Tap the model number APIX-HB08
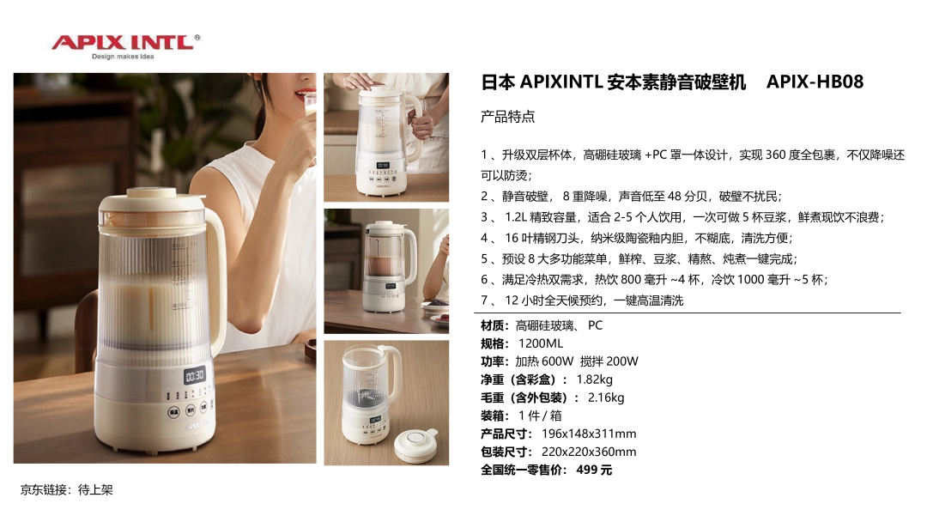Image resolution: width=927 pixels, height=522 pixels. [x=815, y=82]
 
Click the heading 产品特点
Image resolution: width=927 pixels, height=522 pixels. [x=507, y=117]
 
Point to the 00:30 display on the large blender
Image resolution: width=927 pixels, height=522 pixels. [x=195, y=375]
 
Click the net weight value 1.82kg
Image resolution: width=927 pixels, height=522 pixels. [x=594, y=379]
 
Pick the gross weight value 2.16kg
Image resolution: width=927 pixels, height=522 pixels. [x=606, y=398]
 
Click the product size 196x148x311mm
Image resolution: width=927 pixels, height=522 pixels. [x=589, y=434]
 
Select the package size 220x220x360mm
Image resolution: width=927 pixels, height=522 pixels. [x=589, y=452]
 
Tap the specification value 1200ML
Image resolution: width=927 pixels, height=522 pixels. [x=541, y=343]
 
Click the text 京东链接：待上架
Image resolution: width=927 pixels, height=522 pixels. [x=66, y=489]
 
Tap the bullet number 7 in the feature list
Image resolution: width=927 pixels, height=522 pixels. [x=484, y=300]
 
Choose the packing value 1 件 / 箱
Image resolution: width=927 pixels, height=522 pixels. [x=541, y=416]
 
